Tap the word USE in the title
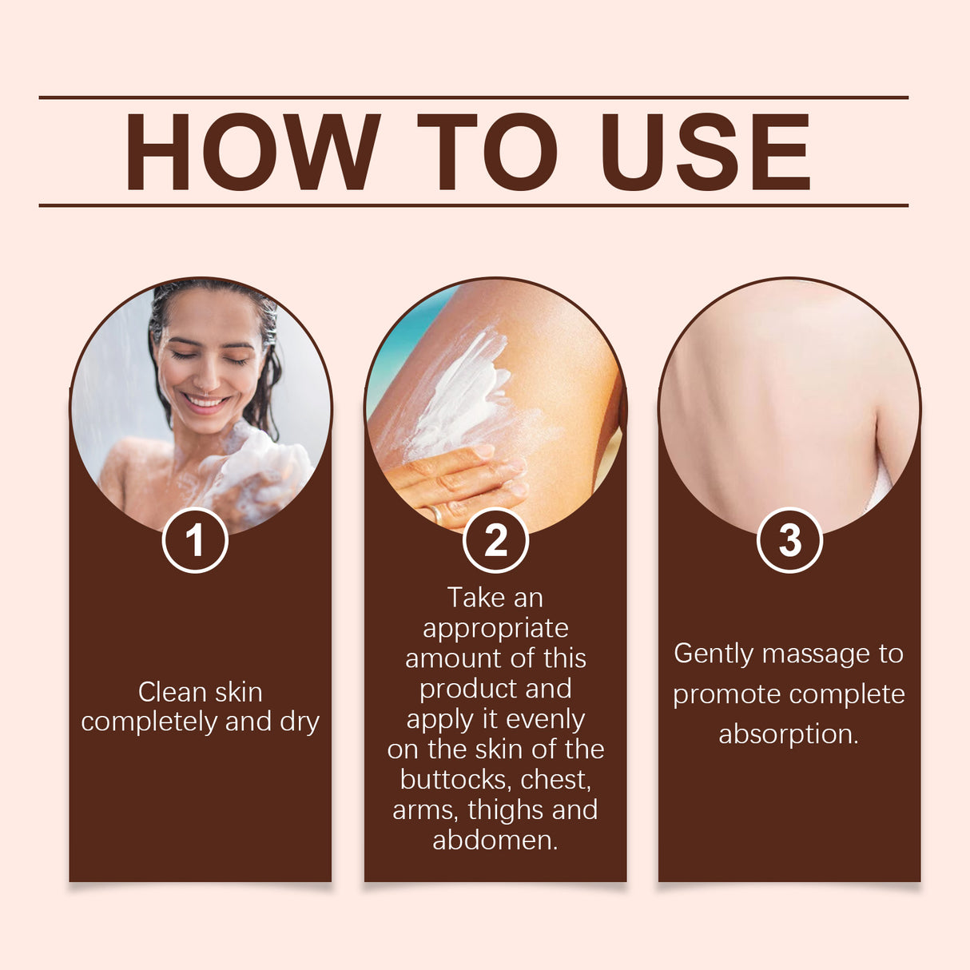[705, 152]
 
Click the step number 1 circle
[195, 541]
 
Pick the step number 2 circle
[495, 541]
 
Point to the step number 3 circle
[789, 541]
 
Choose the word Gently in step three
[714, 654]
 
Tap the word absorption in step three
[788, 734]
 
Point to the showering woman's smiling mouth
[206, 401]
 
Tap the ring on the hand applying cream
[436, 514]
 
